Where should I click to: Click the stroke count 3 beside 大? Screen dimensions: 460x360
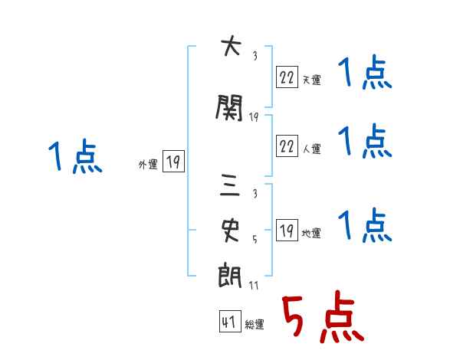click(x=255, y=56)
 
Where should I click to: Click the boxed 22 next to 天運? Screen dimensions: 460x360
click(x=287, y=77)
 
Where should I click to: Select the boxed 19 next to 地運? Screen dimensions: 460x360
click(x=287, y=231)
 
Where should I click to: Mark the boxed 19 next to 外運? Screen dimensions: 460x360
click(x=173, y=161)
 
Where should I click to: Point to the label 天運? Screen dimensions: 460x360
click(x=312, y=80)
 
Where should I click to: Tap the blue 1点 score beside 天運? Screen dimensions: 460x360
click(x=365, y=74)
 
